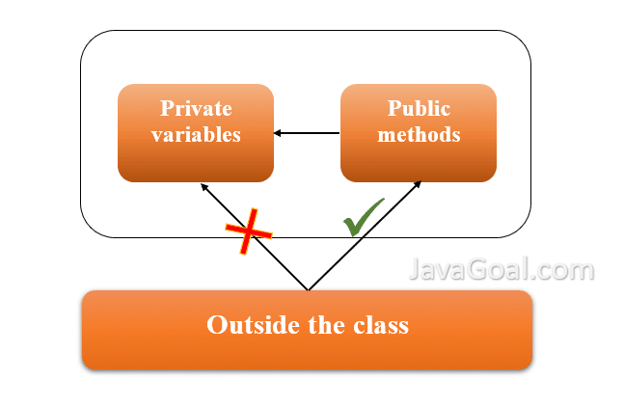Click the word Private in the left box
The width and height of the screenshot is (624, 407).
click(x=196, y=108)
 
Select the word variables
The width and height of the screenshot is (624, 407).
click(x=196, y=134)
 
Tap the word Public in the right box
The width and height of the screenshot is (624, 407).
click(x=419, y=108)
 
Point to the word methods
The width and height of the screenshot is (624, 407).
click(x=419, y=134)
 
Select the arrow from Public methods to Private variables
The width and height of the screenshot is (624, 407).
click(x=307, y=133)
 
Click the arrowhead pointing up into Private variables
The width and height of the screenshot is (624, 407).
click(x=203, y=186)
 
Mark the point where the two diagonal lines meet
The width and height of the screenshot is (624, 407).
click(x=308, y=288)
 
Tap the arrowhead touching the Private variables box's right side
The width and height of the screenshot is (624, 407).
click(x=278, y=133)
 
